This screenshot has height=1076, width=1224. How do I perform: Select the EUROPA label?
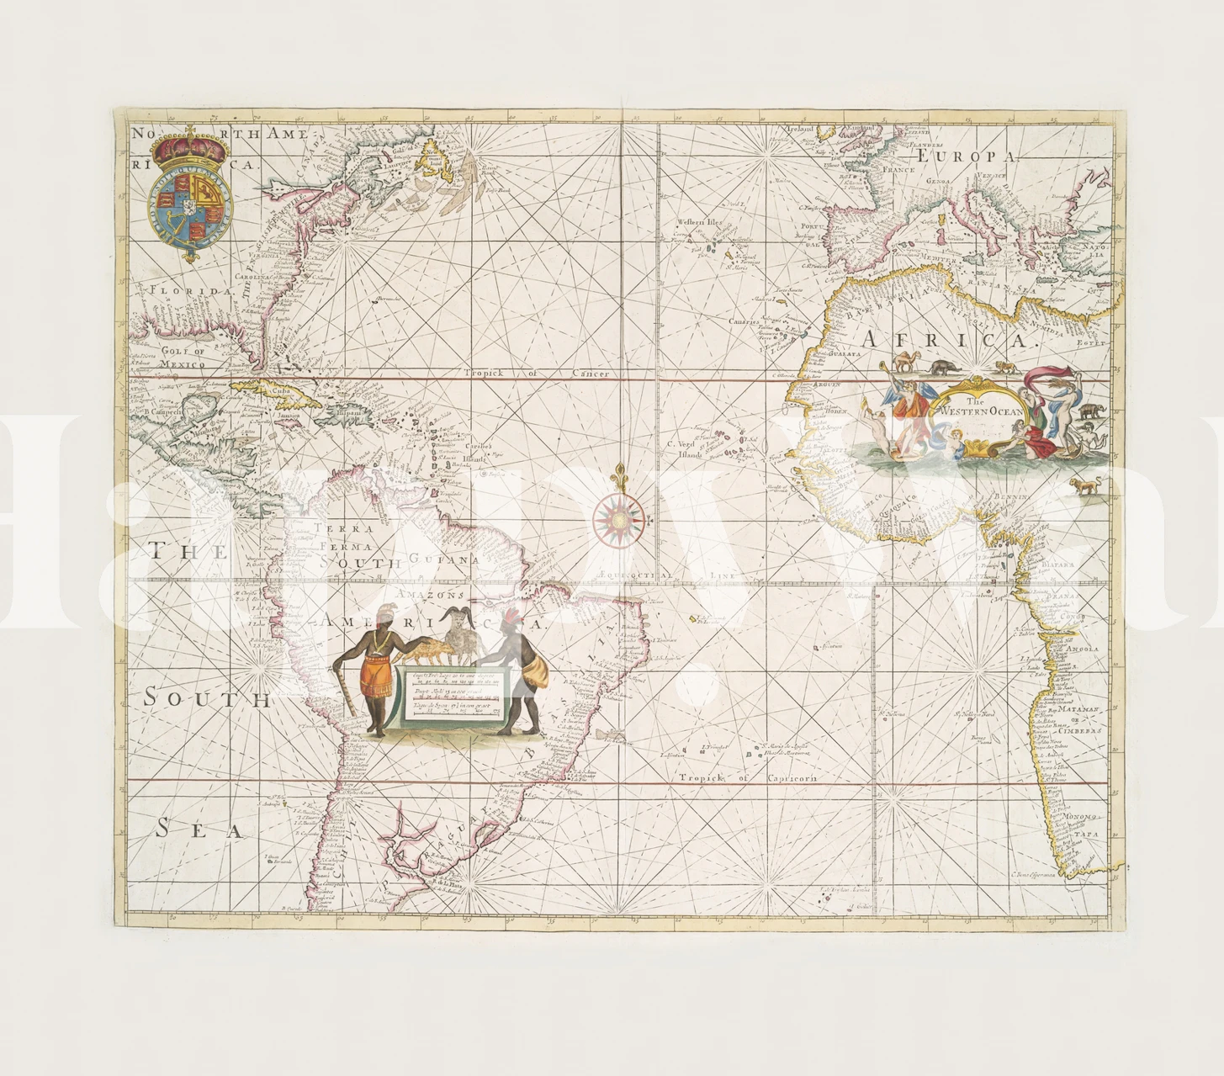coord(967,156)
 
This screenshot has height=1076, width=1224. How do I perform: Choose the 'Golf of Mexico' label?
coord(183,358)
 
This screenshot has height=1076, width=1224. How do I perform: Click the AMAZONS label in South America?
coord(430,594)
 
